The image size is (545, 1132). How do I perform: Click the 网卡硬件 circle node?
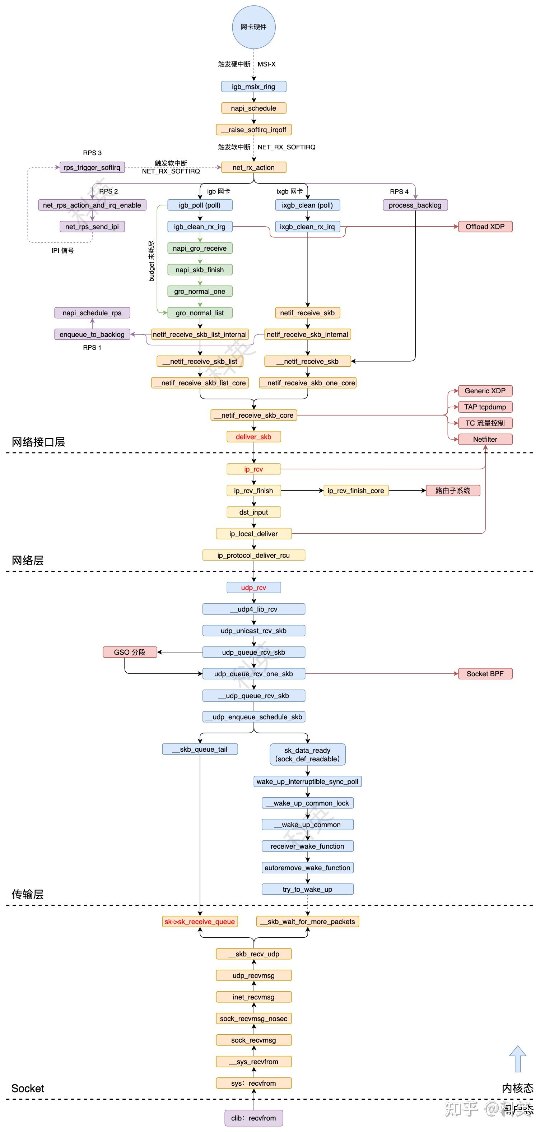click(253, 27)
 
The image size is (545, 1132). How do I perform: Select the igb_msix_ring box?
click(253, 87)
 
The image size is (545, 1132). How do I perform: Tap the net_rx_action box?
click(253, 167)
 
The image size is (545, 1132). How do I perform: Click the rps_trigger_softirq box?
click(92, 167)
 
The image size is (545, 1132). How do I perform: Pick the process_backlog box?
click(415, 205)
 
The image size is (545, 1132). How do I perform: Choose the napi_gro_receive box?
click(200, 248)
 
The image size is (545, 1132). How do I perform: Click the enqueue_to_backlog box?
click(92, 334)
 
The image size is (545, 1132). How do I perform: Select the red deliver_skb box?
click(253, 437)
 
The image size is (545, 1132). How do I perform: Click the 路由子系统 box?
click(453, 491)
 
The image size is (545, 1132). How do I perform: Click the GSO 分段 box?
click(130, 652)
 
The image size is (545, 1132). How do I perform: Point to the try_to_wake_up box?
click(307, 890)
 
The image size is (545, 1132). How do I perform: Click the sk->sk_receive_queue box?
click(200, 922)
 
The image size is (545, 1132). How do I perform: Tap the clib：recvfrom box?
click(253, 1118)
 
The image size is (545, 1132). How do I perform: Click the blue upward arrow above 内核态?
click(517, 1059)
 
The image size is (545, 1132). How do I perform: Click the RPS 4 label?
click(399, 191)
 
